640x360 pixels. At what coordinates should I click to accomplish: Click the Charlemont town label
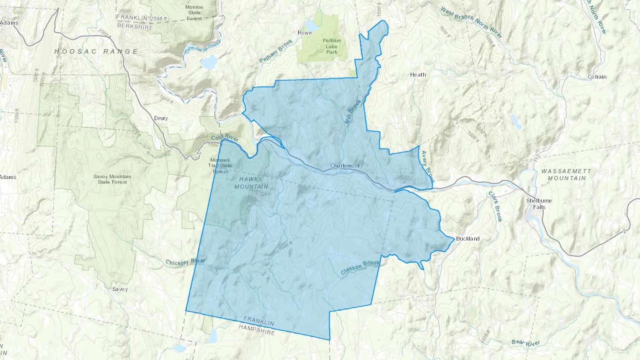click(x=345, y=166)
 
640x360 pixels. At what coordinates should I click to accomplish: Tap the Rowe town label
click(x=305, y=33)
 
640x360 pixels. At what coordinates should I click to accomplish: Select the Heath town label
click(x=418, y=75)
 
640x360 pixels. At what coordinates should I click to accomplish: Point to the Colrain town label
click(x=597, y=77)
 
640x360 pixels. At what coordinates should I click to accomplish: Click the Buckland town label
click(x=468, y=238)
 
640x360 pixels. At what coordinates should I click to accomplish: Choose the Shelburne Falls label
click(x=539, y=204)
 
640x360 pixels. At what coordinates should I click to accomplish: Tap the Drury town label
click(x=161, y=118)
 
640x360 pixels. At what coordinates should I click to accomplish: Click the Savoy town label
click(x=120, y=289)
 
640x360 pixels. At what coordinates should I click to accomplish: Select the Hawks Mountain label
click(x=251, y=183)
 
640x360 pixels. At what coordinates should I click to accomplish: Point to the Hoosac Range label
click(x=96, y=52)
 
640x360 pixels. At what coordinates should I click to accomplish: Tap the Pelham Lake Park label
click(x=332, y=46)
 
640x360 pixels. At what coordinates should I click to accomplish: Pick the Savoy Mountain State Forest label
click(x=112, y=179)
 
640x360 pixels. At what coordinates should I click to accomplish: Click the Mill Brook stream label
click(x=353, y=112)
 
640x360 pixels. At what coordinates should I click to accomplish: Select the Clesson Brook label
click(x=360, y=268)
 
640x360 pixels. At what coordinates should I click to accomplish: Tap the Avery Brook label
click(x=428, y=166)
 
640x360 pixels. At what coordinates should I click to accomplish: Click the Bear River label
click(x=526, y=343)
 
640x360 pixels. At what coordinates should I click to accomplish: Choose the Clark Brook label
click(x=495, y=206)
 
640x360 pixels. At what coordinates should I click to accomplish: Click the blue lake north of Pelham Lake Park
click(x=311, y=26)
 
